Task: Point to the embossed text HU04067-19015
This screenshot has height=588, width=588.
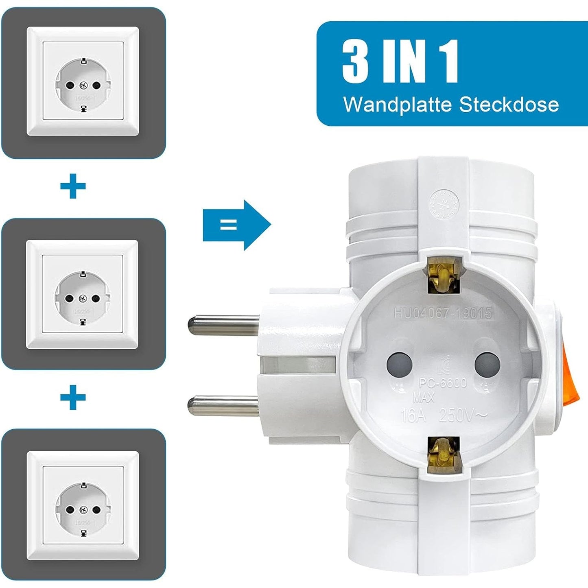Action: click(443, 313)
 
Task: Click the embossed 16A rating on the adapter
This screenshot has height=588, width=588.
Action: click(413, 415)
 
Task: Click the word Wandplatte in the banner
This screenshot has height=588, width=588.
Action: click(398, 105)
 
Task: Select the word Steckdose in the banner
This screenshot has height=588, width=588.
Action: click(509, 104)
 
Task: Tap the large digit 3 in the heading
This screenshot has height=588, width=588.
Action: click(355, 61)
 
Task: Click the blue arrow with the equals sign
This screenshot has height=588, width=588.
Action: click(236, 225)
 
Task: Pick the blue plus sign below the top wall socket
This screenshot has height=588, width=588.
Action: click(73, 187)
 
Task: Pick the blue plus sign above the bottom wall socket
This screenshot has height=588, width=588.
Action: click(73, 397)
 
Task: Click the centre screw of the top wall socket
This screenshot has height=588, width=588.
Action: click(83, 85)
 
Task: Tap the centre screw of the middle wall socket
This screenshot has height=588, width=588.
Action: click(83, 298)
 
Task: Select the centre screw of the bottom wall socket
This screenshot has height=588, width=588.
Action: click(83, 509)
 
